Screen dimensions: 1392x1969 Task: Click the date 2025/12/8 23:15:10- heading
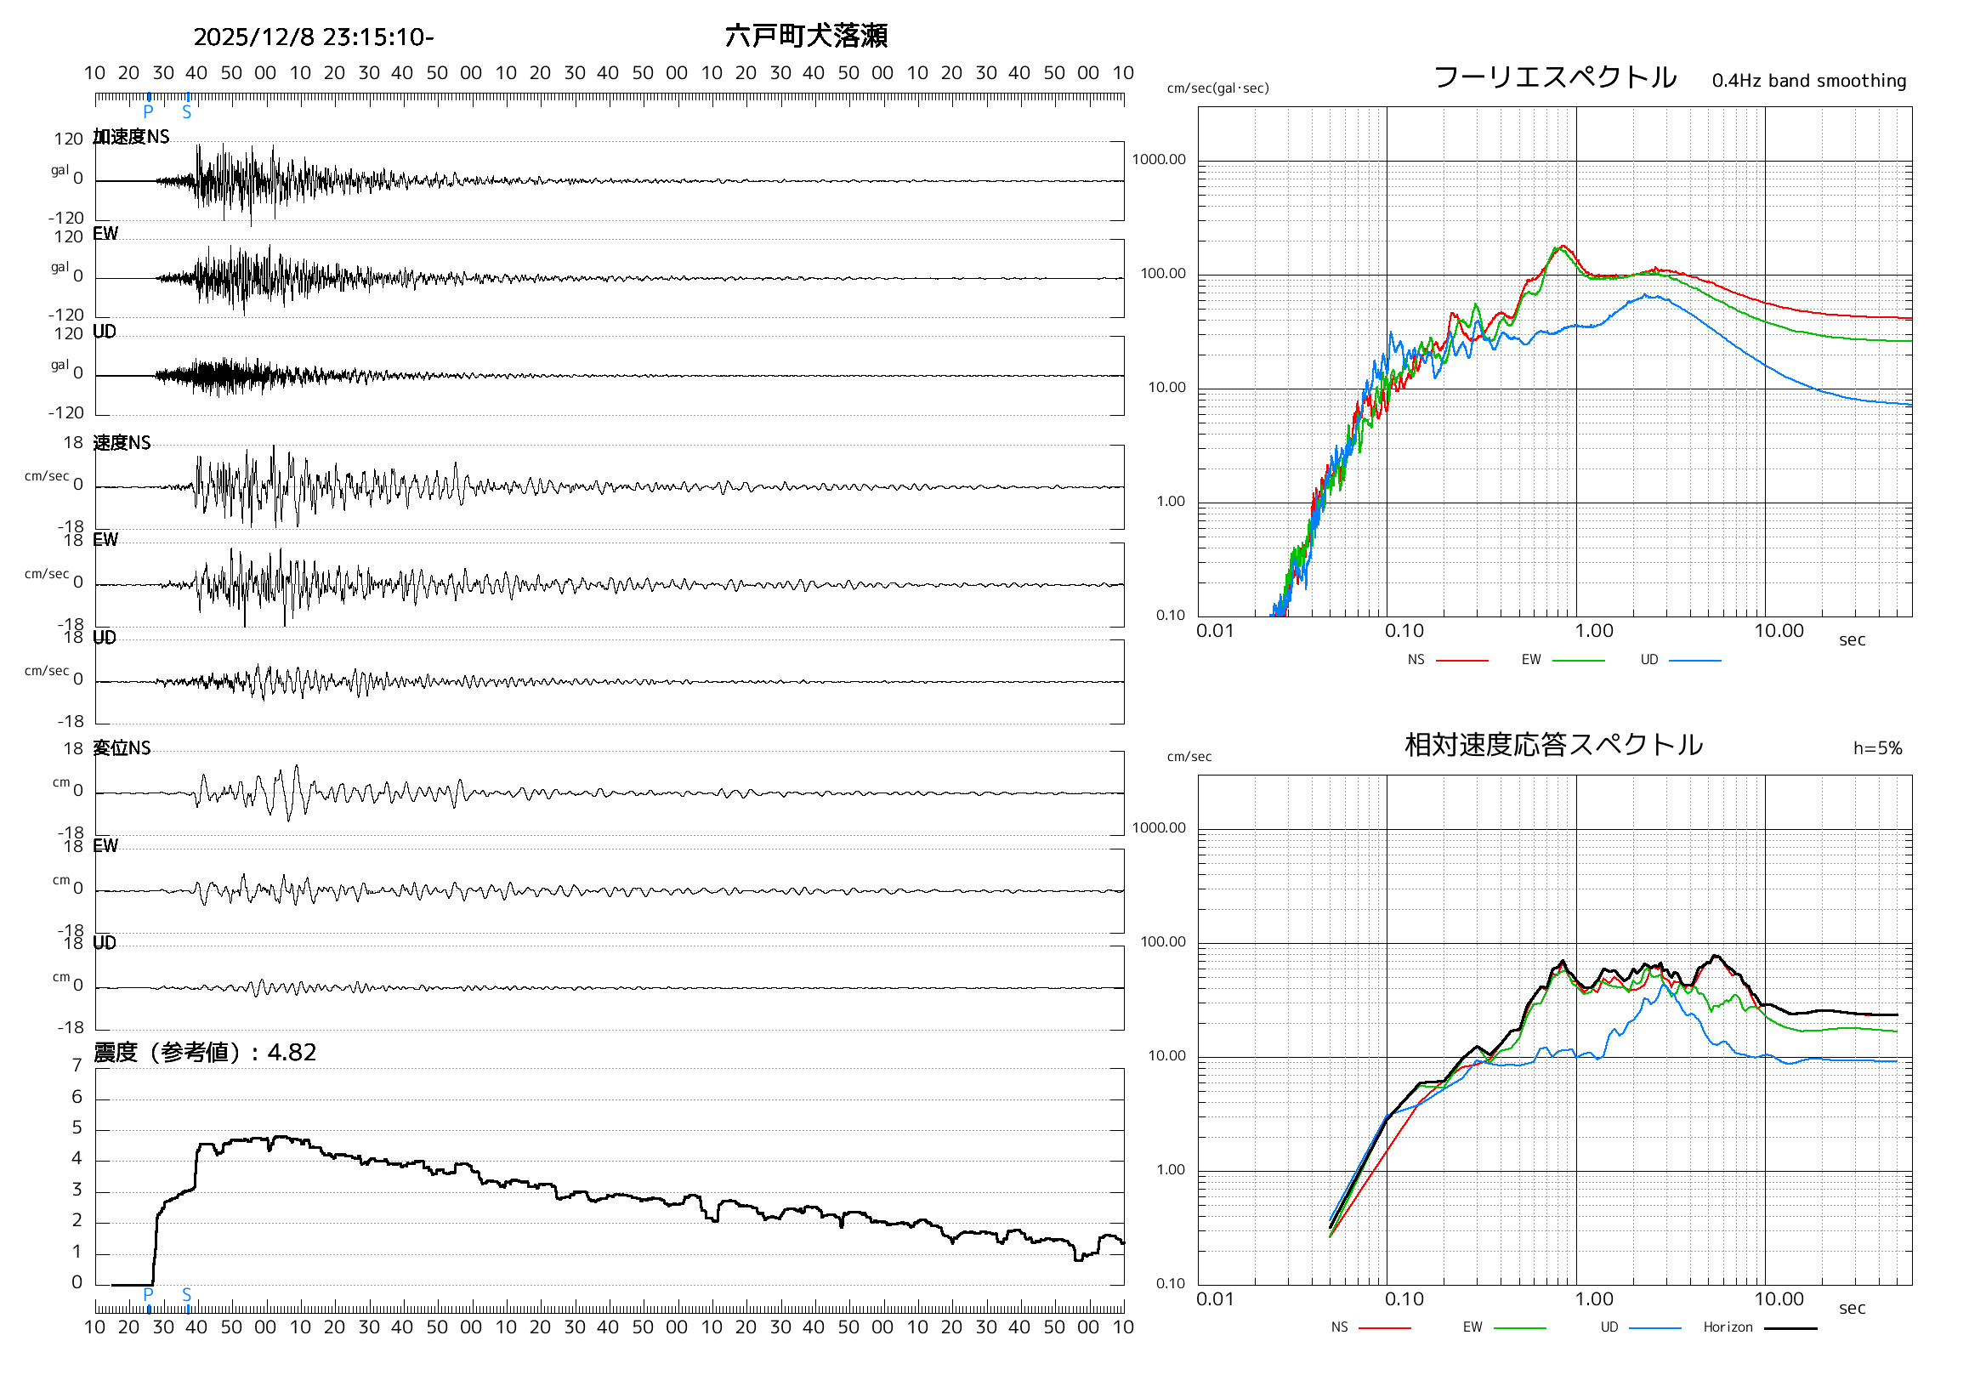pos(313,37)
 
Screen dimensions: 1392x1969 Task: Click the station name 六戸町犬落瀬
pos(806,36)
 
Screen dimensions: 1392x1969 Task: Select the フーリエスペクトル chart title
pos(1555,77)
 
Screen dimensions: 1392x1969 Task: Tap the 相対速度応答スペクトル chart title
pos(1553,745)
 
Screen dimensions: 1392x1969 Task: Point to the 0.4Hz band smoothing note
pos(1808,81)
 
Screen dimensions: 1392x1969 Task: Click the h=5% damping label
pos(1877,749)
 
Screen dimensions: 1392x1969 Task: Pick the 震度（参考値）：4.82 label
pos(205,1053)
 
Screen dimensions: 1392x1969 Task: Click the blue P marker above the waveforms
pos(149,111)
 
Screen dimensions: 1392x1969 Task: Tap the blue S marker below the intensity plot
pos(187,1294)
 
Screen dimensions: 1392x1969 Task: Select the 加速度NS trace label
pos(131,137)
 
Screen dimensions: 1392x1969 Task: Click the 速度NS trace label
pos(122,443)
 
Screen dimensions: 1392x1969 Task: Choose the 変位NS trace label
pos(122,749)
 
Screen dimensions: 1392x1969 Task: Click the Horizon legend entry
pos(1728,1327)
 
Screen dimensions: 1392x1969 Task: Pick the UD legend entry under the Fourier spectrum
pos(1649,660)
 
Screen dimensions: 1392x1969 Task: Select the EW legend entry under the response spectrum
pos(1472,1327)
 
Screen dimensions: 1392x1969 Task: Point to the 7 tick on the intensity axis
pos(77,1066)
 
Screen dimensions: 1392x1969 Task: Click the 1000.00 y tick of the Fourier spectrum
pos(1159,160)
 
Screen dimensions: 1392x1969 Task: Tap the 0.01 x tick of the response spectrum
pos(1215,1299)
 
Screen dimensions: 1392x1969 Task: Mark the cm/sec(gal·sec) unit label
pos(1217,88)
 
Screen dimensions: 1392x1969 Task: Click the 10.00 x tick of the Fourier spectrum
pos(1779,631)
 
